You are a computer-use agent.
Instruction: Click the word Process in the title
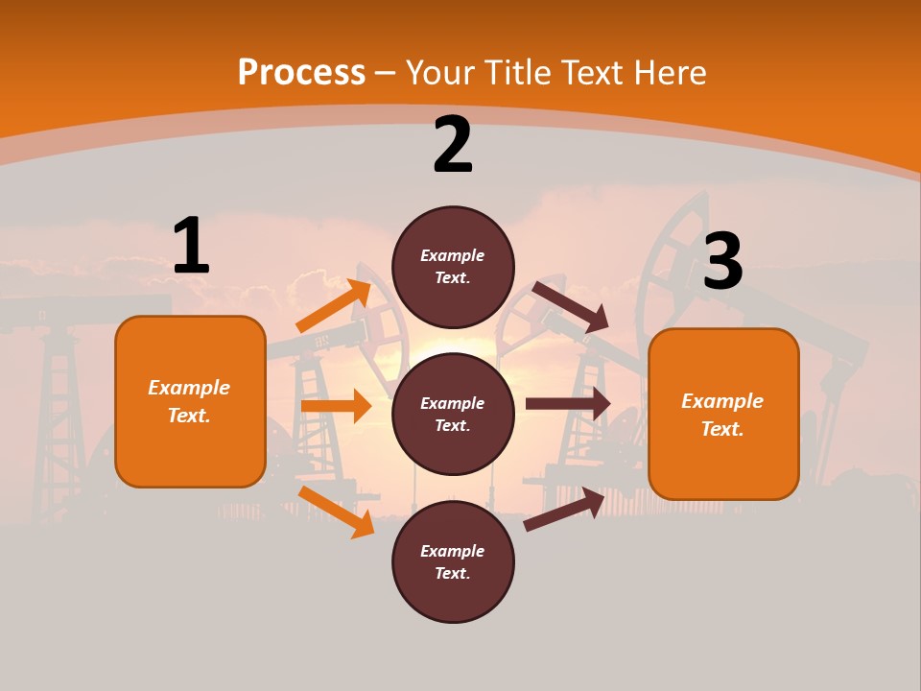(x=301, y=73)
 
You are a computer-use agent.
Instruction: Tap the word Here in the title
(x=668, y=73)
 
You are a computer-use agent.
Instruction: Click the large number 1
(x=191, y=246)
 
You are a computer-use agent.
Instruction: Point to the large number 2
(x=453, y=146)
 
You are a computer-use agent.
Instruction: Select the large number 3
(x=722, y=262)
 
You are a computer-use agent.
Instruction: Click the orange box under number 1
(x=190, y=401)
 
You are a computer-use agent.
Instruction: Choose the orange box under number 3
(x=723, y=414)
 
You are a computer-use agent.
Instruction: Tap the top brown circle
(x=453, y=267)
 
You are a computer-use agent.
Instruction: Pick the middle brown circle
(x=453, y=414)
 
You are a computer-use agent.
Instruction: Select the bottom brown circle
(x=453, y=561)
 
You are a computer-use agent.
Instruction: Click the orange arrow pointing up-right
(x=334, y=306)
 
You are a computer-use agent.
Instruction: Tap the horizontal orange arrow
(x=336, y=406)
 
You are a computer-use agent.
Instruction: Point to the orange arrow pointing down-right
(x=336, y=512)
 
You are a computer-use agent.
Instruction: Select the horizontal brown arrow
(x=568, y=404)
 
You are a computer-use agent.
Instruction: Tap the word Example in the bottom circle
(x=453, y=551)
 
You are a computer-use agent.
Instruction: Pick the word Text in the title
(x=588, y=73)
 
